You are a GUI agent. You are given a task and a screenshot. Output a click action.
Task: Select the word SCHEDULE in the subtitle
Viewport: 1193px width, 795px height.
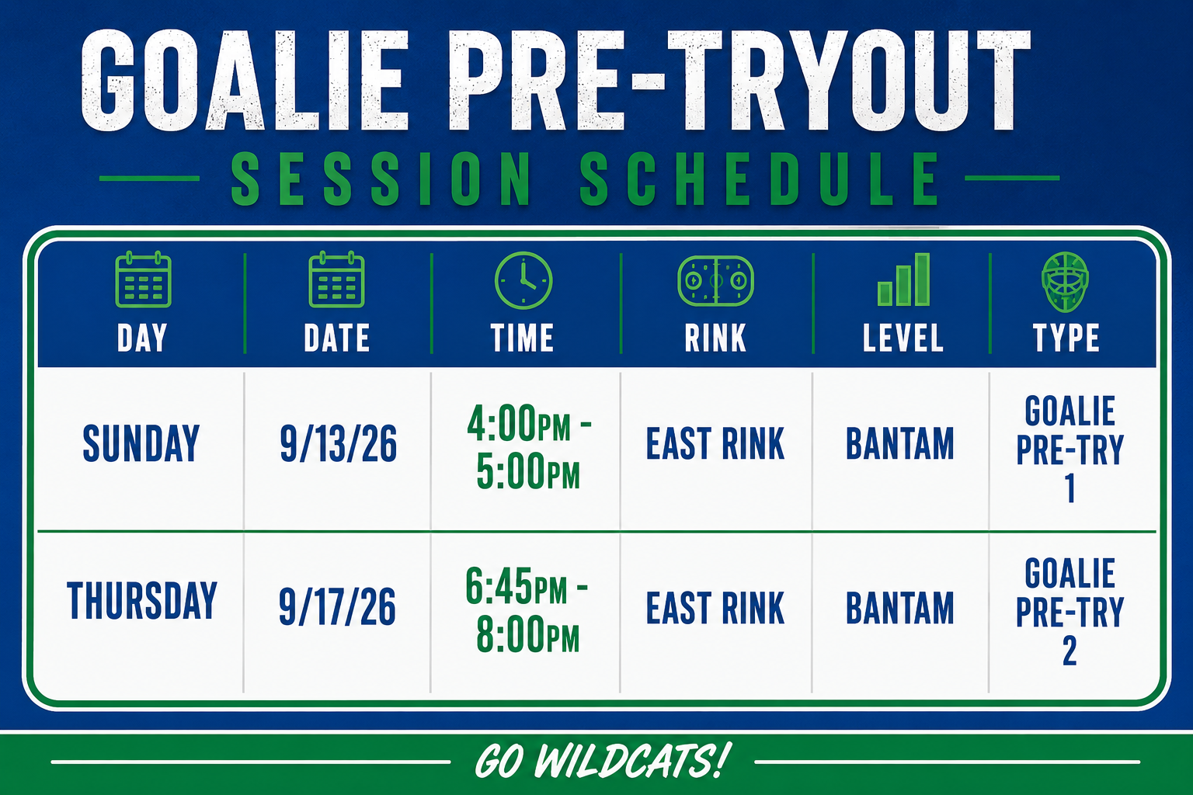pyautogui.click(x=760, y=179)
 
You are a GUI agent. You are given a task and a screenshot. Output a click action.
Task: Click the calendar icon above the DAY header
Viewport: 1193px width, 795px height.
pyautogui.click(x=143, y=279)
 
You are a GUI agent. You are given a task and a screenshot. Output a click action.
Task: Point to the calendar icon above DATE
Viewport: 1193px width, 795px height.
pyautogui.click(x=336, y=279)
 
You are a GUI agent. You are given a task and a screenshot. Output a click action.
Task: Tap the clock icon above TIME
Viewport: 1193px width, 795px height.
pyautogui.click(x=523, y=280)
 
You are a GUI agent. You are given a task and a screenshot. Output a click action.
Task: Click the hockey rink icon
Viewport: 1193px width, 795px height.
pyautogui.click(x=715, y=280)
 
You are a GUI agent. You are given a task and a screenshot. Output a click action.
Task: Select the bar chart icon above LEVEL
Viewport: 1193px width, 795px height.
pyautogui.click(x=903, y=279)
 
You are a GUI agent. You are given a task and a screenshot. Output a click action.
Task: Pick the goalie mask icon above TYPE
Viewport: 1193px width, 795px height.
pyautogui.click(x=1065, y=282)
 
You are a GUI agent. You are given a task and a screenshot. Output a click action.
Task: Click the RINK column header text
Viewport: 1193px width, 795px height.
pyautogui.click(x=715, y=338)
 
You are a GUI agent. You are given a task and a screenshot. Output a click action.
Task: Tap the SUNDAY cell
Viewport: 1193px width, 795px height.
pyautogui.click(x=141, y=443)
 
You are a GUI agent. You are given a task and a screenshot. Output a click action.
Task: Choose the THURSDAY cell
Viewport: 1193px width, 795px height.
pyautogui.click(x=141, y=600)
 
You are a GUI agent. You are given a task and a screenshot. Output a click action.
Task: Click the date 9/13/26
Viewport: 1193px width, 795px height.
pyautogui.click(x=338, y=443)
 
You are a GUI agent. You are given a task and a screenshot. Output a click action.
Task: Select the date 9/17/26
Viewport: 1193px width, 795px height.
pyautogui.click(x=337, y=606)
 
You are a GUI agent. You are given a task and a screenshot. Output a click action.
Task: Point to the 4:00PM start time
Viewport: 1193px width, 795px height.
pyautogui.click(x=519, y=423)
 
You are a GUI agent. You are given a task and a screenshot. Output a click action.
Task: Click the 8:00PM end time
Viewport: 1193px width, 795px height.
pyautogui.click(x=528, y=634)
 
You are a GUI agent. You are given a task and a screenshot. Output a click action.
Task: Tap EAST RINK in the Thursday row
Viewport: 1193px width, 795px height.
pyautogui.click(x=715, y=608)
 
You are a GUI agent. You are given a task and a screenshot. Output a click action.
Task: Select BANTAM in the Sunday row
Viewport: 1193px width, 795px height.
pyautogui.click(x=900, y=443)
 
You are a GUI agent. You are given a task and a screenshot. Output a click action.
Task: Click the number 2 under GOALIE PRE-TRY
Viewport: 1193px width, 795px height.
pyautogui.click(x=1070, y=651)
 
